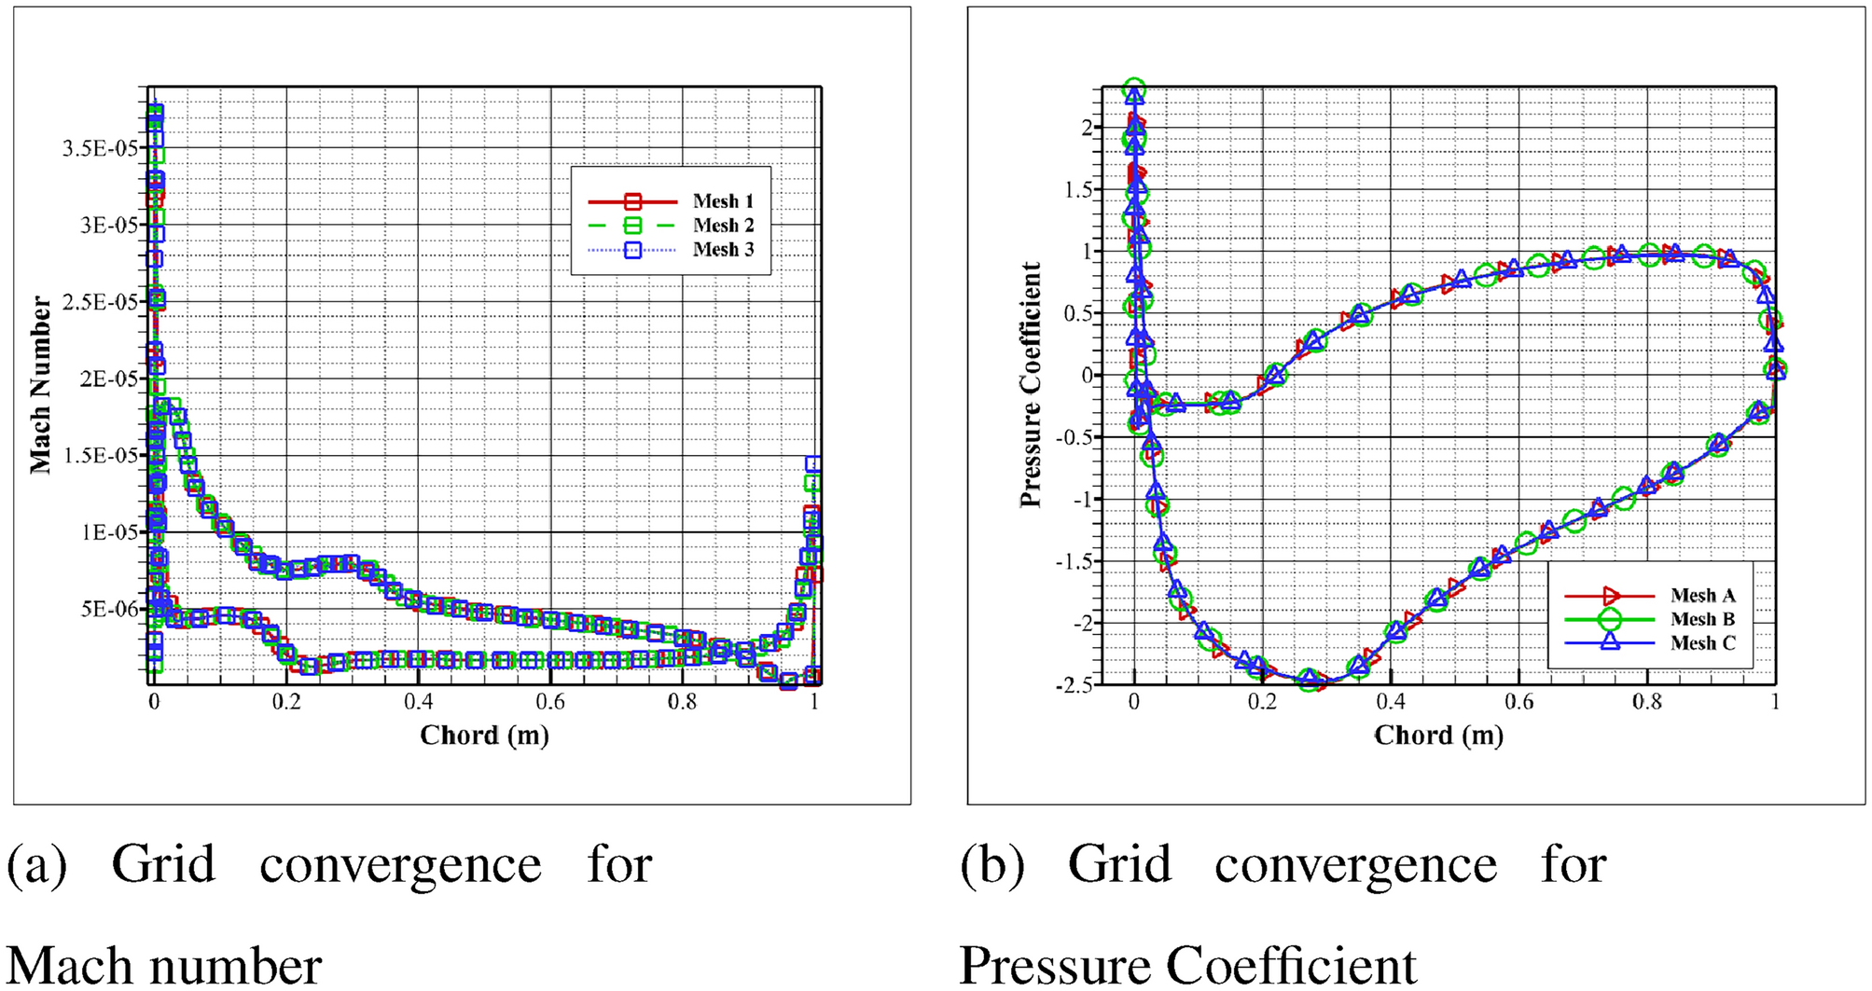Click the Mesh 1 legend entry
(x=722, y=201)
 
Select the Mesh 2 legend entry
(x=722, y=226)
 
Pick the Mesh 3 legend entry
(x=722, y=250)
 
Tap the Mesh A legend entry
(x=1702, y=596)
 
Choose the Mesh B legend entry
(x=1702, y=619)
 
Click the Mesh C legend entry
(x=1702, y=643)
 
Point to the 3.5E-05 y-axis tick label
(x=99, y=149)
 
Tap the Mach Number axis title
(x=41, y=385)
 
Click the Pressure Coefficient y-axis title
(x=1031, y=385)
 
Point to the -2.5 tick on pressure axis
(x=1074, y=685)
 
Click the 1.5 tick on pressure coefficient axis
(x=1078, y=190)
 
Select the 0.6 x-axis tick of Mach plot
(x=550, y=702)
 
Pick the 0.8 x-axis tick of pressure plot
(x=1647, y=702)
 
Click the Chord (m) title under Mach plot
(x=484, y=736)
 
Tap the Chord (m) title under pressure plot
(x=1438, y=736)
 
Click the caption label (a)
(x=37, y=864)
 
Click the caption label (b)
(x=992, y=864)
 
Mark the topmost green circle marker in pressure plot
(x=1134, y=90)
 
